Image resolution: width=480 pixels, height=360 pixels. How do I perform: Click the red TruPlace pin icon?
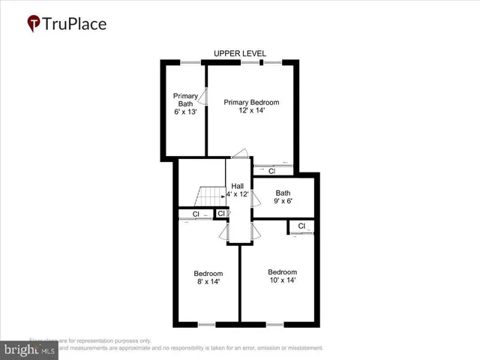pyautogui.click(x=33, y=24)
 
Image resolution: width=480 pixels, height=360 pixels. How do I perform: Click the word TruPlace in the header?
pyautogui.click(x=75, y=23)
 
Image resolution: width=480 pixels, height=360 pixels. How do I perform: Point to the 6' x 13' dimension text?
pyautogui.click(x=185, y=112)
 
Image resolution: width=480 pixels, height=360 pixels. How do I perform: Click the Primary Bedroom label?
pyautogui.click(x=251, y=102)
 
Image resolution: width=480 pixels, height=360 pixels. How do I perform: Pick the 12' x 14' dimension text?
pyautogui.click(x=251, y=111)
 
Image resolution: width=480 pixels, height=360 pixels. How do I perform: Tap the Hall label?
pyautogui.click(x=238, y=186)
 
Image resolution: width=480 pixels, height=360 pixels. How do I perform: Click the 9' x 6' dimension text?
pyautogui.click(x=283, y=202)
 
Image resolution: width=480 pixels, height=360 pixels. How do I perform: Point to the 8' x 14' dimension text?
pyautogui.click(x=208, y=282)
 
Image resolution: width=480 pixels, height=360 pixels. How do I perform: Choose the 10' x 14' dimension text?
pyautogui.click(x=282, y=280)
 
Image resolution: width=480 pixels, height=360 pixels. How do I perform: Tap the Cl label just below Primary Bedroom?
pyautogui.click(x=272, y=171)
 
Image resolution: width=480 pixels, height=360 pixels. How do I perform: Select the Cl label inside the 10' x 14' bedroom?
pyautogui.click(x=301, y=226)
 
